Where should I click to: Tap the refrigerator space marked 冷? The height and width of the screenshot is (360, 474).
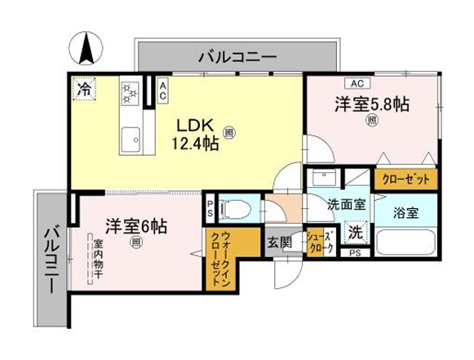(84, 89)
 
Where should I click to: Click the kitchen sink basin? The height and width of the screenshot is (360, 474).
(131, 140)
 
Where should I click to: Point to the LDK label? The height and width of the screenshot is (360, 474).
(195, 125)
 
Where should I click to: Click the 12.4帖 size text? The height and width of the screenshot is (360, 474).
(195, 143)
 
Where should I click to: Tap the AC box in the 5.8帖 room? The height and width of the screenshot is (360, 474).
(357, 83)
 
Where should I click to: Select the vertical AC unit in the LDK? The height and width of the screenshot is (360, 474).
(163, 91)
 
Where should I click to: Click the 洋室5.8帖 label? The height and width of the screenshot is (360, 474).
(372, 104)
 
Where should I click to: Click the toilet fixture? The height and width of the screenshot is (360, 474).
(235, 209)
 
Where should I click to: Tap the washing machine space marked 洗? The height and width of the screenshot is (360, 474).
(357, 233)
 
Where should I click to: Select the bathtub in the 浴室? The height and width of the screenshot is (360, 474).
(406, 242)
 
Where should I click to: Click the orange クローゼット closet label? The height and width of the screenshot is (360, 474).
(405, 180)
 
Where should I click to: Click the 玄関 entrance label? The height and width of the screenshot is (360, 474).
(280, 242)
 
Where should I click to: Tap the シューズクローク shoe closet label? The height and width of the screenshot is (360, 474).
(321, 242)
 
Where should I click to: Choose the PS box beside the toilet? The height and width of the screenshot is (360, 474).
(210, 208)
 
